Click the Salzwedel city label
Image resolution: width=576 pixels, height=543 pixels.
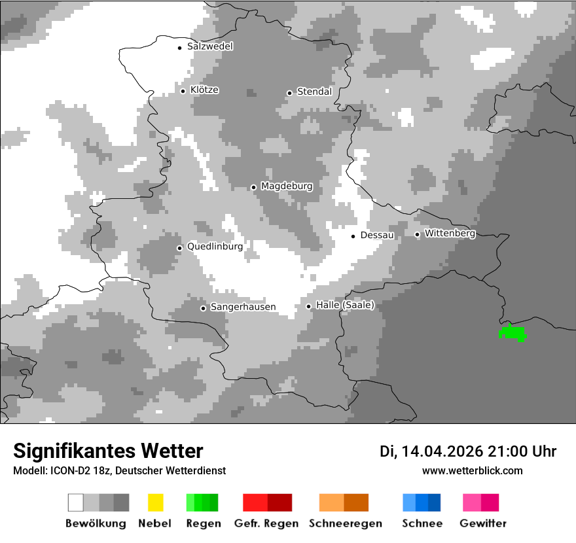[209, 46]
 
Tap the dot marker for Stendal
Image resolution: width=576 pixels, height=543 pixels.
[289, 93]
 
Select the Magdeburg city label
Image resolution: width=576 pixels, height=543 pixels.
[287, 186]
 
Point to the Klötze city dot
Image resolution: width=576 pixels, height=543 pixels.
[183, 91]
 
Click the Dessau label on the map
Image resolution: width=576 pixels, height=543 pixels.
[377, 236]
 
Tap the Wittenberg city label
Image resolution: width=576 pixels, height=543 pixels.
[450, 234]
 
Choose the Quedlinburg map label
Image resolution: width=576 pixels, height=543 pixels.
[215, 247]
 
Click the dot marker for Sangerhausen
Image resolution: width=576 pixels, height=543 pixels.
[203, 308]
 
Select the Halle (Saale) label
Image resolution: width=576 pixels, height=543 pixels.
[345, 306]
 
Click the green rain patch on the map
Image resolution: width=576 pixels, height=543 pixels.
[513, 334]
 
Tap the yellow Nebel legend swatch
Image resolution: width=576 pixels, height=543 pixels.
[156, 502]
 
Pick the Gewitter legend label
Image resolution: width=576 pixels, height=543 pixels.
[483, 523]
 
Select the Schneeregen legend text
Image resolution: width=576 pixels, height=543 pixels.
[345, 523]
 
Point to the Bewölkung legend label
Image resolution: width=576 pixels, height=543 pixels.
[96, 523]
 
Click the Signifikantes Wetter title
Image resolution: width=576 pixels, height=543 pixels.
[109, 451]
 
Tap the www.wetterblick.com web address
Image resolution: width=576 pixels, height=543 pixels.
[473, 470]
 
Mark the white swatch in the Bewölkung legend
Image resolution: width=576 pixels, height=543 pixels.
[76, 502]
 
